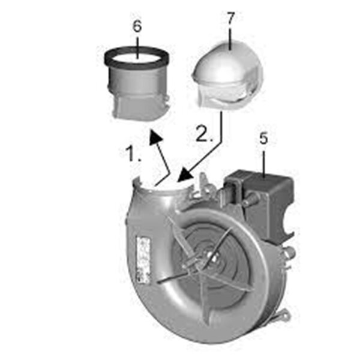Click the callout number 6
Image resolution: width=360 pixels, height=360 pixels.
click(x=137, y=28)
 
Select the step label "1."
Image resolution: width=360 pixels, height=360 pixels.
click(x=134, y=154)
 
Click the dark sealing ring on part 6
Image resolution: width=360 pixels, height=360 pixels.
click(x=137, y=61)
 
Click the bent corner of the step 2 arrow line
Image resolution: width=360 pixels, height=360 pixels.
click(x=223, y=142)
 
